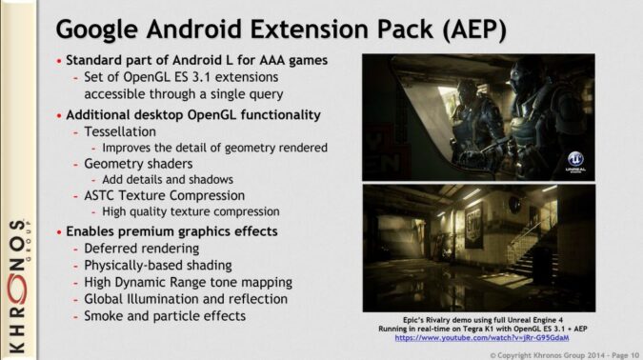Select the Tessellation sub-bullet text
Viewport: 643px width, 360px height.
point(118,131)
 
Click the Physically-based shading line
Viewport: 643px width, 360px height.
point(157,265)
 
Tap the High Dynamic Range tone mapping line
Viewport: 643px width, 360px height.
point(188,282)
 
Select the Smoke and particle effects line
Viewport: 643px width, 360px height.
point(165,315)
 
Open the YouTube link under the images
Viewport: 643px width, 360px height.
point(482,337)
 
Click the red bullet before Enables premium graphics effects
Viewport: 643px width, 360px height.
point(58,231)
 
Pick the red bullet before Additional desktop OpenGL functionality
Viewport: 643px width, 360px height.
point(58,115)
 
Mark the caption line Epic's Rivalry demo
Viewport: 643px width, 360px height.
point(482,318)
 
